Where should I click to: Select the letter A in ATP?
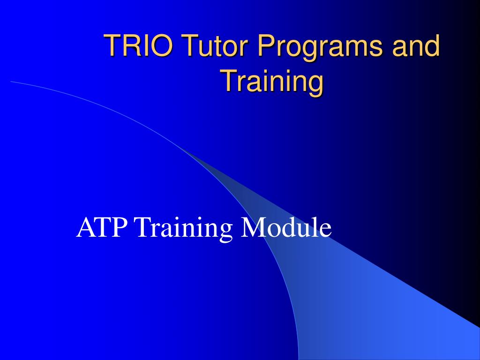85,228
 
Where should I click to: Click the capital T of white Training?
143,228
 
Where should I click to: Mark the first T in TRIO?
112,46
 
